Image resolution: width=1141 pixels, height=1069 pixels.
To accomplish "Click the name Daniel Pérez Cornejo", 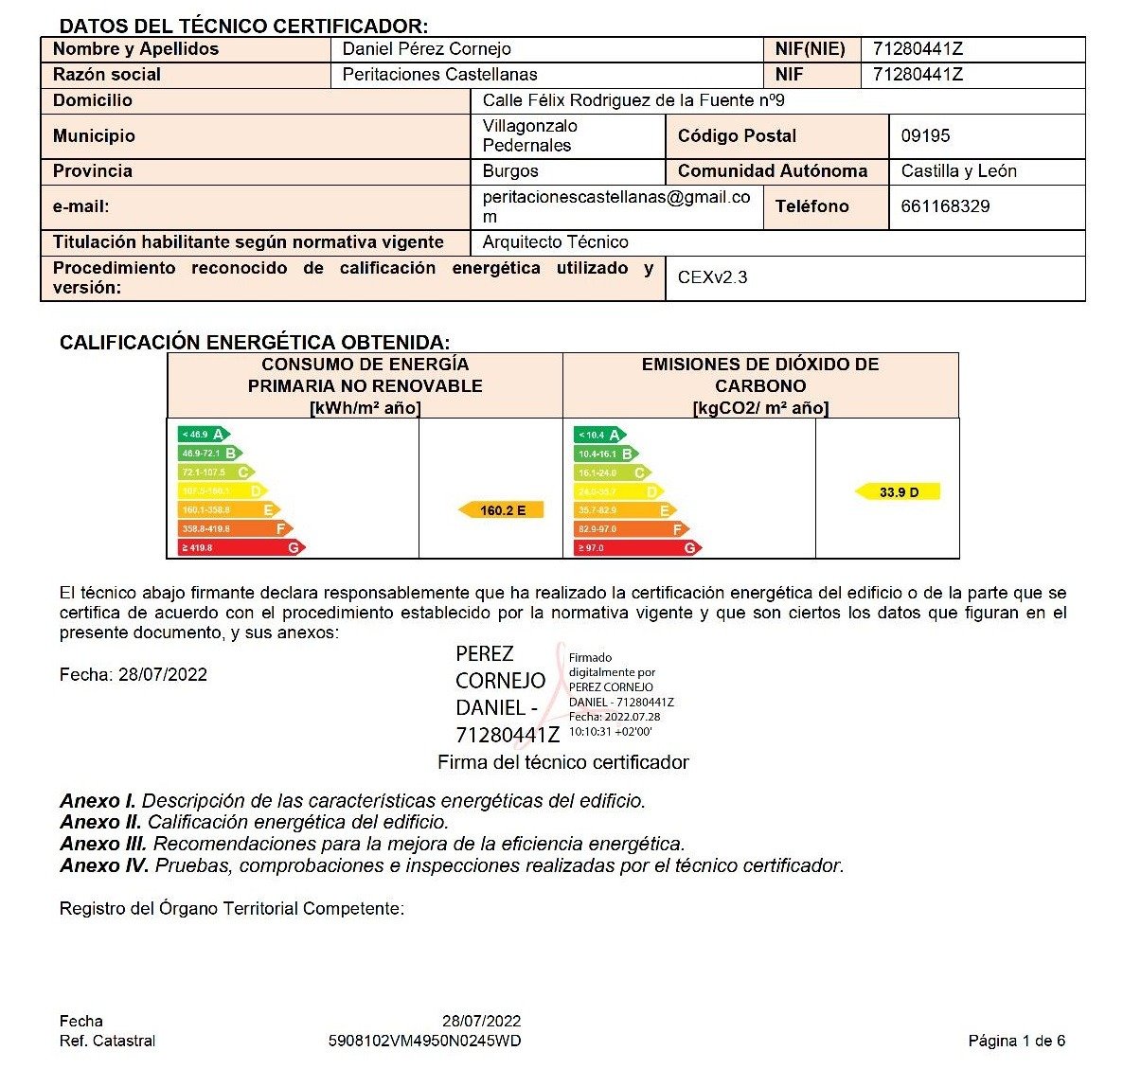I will point(426,49).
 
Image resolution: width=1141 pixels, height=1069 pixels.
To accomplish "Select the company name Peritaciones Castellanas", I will point(439,75).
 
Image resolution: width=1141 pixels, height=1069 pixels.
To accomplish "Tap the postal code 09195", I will point(925,136).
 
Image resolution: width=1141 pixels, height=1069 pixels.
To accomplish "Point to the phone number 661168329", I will point(945,206).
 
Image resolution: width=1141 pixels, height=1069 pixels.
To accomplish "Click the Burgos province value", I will point(510,171).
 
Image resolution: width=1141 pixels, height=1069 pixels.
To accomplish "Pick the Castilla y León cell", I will point(958,171).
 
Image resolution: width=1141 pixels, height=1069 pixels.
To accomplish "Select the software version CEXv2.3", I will point(712,277).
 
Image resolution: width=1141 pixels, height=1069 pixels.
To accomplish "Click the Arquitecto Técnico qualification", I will point(555,242).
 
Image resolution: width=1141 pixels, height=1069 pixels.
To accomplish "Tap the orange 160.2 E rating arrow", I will point(501,510).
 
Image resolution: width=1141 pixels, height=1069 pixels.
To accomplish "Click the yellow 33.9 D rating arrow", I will point(898,492).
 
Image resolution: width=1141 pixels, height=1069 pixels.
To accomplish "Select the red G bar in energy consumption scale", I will point(241,547).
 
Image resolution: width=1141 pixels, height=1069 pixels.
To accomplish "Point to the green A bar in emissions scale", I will point(599,435).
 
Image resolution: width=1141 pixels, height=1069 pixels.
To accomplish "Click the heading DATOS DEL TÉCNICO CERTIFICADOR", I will point(243,27).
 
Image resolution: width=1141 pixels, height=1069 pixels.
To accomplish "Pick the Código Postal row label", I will point(737,136).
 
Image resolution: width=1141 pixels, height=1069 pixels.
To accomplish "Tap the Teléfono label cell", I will point(811,206).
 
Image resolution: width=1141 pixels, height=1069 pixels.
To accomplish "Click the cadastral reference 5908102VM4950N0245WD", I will point(424,1042).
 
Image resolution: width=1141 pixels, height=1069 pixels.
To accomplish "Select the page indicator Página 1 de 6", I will point(1016,1042).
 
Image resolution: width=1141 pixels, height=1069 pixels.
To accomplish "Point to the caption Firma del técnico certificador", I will point(562,762).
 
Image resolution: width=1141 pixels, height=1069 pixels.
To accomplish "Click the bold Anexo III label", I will point(103,844).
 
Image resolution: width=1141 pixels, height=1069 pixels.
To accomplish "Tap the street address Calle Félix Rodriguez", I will point(633,100).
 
